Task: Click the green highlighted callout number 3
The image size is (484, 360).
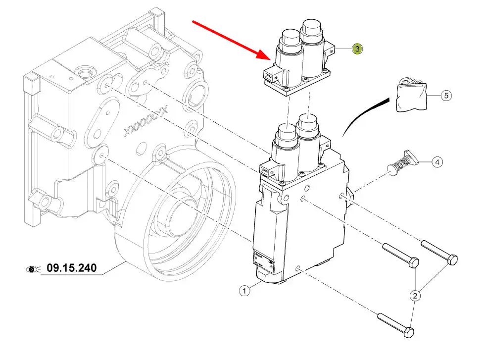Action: coord(357,49)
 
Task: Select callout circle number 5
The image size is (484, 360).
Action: coord(446,95)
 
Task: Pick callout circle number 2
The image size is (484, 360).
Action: coord(415,296)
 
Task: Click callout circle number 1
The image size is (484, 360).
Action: coord(244,291)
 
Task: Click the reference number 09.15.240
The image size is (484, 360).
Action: coord(71,269)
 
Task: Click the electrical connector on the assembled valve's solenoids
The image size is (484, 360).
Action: coord(265,171)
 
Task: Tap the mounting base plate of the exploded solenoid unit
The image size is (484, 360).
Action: coord(297,87)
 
